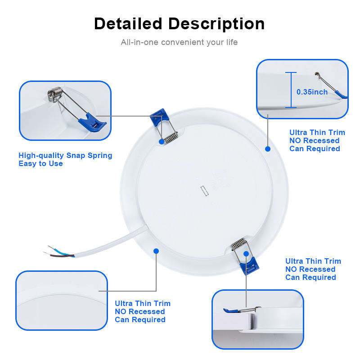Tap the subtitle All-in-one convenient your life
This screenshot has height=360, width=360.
tap(179, 42)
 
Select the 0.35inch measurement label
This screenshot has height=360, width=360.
tap(312, 92)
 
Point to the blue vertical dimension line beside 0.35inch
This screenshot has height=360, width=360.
tap(291, 90)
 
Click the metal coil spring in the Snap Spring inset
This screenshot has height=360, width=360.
tap(54, 95)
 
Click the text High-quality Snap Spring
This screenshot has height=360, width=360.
tap(65, 155)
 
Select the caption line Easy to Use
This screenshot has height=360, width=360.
tap(40, 164)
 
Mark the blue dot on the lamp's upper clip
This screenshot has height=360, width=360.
tap(161, 141)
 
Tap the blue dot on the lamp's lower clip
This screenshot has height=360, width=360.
tap(246, 254)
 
